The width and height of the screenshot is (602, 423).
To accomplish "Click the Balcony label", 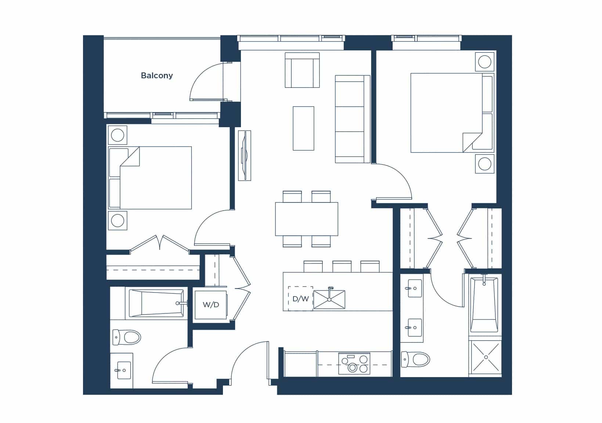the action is point(157,76).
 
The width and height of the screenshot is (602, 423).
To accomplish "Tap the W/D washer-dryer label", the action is point(211,305).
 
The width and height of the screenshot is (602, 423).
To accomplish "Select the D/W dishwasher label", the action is point(300,299).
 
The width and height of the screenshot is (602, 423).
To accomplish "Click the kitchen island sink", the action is point(329,299).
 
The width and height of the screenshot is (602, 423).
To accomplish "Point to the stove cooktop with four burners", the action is point(354,363).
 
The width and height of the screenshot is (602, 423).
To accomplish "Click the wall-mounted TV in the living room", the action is point(245,156).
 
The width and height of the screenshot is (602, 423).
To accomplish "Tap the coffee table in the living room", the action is point(303,128).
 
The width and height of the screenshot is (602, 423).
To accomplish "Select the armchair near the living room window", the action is point(302,70).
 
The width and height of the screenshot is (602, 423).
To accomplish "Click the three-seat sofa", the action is point(353,119).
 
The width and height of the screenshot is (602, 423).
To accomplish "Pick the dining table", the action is point(307,219).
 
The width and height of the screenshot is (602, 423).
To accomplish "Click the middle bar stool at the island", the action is point(342,266).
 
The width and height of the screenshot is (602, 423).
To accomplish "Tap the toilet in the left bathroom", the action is point(127,337).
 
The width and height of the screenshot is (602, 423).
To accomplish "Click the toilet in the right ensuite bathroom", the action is point(415,359).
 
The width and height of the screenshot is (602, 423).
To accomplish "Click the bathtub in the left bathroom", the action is point(156,303).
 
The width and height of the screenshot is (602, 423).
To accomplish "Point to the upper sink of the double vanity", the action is point(415,288).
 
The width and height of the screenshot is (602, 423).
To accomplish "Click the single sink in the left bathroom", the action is point(124,370).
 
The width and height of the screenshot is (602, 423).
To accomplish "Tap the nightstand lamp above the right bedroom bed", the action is point(484,62).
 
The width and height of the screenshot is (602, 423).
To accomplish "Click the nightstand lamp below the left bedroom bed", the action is point(118,221).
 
